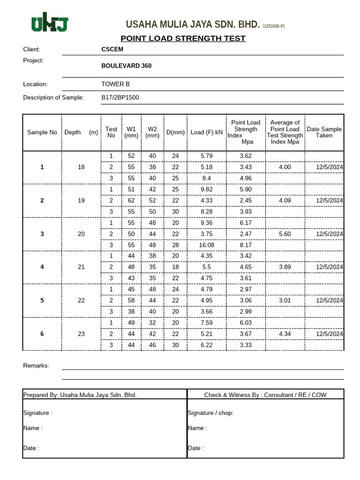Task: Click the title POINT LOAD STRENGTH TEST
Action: pos(183,38)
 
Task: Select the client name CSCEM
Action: pos(112,49)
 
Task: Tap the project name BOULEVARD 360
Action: pos(127,66)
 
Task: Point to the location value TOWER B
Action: pos(116,84)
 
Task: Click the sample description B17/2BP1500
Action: pos(120,97)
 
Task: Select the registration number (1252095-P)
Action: pos(273,26)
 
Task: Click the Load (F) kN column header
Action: pos(206,133)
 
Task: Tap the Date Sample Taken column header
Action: pos(324,132)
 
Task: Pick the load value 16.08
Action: pos(206,245)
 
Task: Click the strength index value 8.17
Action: pos(246,245)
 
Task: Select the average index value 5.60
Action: pos(285,234)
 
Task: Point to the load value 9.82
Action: pos(206,189)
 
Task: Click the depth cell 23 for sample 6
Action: pos(82,334)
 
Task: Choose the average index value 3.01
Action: pos(285,300)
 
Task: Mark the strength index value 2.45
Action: pos(246,201)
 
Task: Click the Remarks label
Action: pos(36,366)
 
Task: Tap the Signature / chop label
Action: pos(210,413)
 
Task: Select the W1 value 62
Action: pos(131,201)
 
